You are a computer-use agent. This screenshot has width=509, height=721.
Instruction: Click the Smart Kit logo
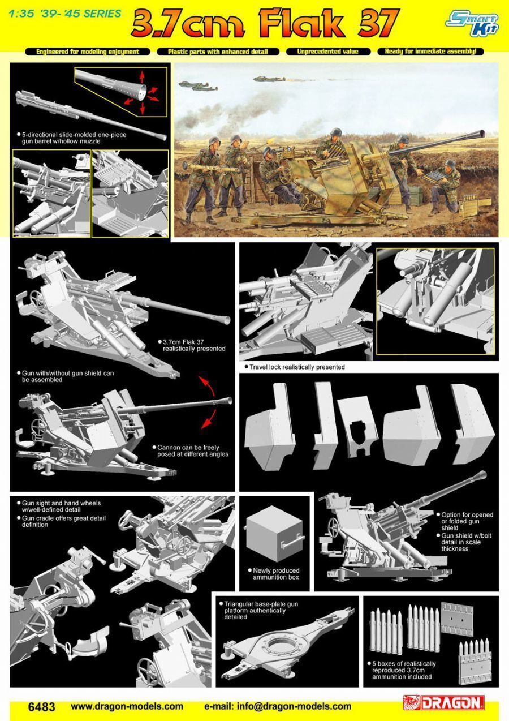pos(472,23)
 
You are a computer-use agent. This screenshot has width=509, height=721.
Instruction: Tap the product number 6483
pos(42,707)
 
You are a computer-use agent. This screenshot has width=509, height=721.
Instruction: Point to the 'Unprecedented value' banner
pos(328,51)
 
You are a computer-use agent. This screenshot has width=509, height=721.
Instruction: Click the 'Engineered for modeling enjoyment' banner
pos(88,51)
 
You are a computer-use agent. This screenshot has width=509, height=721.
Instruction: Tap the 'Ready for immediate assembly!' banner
pos(430,51)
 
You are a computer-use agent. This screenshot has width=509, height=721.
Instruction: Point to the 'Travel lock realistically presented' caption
pos(295,367)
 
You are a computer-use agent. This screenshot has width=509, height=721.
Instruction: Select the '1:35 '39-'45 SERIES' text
pos(65,14)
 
